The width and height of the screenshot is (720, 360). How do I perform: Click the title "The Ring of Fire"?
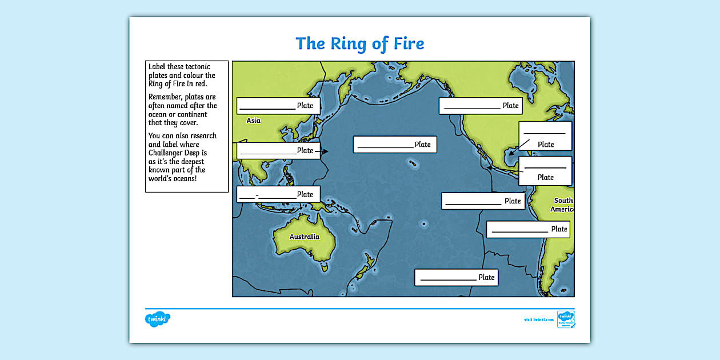359,43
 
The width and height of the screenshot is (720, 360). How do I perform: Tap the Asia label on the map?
253,121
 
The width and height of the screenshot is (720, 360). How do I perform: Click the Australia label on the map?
304,237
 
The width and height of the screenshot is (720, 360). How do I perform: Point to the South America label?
563,205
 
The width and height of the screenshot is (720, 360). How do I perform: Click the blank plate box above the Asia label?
278,106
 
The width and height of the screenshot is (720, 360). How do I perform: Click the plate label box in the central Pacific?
395,145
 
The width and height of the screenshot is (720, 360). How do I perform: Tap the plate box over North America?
481,106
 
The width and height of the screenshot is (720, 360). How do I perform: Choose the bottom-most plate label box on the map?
456,278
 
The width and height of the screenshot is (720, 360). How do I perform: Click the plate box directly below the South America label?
528,229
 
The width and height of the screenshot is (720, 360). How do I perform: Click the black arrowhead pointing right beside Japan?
325,151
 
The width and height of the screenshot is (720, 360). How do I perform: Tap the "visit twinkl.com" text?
538,319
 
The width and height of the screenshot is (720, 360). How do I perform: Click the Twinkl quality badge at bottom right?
566,319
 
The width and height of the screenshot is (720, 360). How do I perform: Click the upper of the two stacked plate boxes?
545,136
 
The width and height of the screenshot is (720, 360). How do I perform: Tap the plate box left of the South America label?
483,201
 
